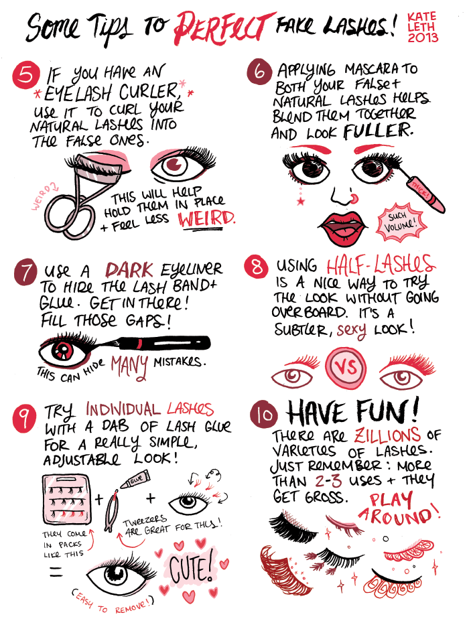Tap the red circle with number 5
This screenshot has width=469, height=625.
26,75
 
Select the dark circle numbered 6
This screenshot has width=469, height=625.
260,72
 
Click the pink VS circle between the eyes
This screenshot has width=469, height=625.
346,366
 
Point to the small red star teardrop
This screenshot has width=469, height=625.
301,200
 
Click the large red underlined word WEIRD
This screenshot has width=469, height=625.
206,219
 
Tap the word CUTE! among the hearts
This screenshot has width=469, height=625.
191,567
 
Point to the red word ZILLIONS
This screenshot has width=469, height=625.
387,434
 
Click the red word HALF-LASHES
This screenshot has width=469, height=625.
381,264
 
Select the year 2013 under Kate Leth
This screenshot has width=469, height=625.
423,38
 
